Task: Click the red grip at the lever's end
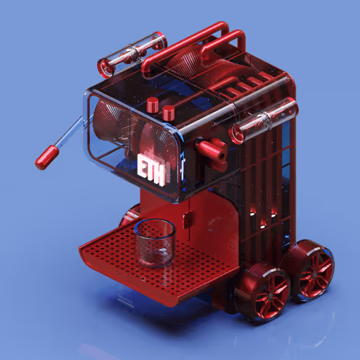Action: (x=47, y=158)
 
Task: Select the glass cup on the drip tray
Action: (x=155, y=243)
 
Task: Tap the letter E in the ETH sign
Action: (x=142, y=166)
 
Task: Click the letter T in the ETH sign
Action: (x=150, y=169)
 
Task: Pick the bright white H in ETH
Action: (x=160, y=174)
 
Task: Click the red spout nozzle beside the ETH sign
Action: (x=212, y=152)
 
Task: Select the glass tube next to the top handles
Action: (x=132, y=55)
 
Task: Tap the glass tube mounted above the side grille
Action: (x=264, y=121)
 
